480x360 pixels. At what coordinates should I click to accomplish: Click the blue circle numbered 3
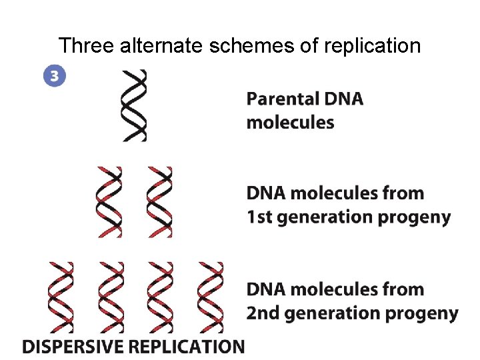pos(55,75)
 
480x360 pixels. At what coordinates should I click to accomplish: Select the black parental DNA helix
pos(133,105)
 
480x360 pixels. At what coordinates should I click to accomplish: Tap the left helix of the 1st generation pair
pos(110,202)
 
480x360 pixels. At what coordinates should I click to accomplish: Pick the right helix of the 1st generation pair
pos(159,202)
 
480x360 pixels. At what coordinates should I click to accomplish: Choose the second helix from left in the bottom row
pos(110,297)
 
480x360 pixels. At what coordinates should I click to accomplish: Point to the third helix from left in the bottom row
pos(159,297)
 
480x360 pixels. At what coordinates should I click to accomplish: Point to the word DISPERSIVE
pos(73,347)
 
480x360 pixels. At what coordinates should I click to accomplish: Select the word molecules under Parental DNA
pos(290,123)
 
